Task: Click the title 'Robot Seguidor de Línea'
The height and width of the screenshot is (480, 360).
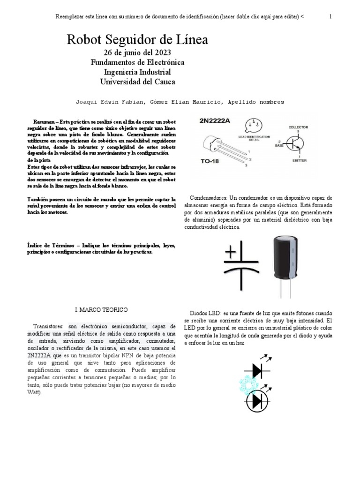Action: point(137,40)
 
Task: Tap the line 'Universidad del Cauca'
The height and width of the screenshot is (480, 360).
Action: point(137,82)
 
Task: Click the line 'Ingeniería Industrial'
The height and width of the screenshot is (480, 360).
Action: point(137,72)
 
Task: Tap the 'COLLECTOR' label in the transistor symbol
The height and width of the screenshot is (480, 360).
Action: point(298,127)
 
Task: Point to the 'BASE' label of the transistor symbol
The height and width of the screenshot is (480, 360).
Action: point(278,145)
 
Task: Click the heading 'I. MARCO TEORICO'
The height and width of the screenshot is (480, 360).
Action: point(101,310)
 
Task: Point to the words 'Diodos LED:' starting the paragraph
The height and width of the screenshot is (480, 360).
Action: point(206,313)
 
